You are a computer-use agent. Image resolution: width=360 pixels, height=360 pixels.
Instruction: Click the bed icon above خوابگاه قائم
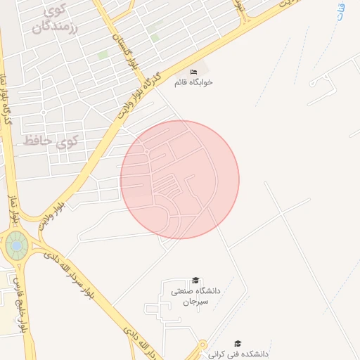tap(194, 72)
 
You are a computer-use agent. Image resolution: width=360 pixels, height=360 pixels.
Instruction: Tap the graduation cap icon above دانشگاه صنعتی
tap(195, 280)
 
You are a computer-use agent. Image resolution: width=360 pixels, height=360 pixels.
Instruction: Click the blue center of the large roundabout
tap(16, 246)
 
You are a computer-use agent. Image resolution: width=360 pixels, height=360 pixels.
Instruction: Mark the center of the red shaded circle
tap(180, 179)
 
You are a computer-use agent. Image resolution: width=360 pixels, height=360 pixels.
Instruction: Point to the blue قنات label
tap(342, 11)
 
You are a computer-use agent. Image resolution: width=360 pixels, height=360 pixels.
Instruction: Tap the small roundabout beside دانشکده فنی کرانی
tap(203, 345)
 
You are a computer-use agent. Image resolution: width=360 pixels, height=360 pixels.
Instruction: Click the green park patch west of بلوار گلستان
tap(103, 54)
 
